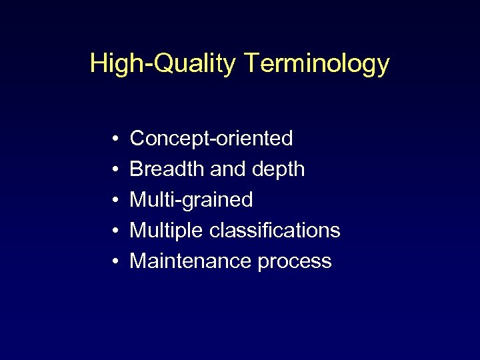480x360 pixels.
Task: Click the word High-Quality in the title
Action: tap(163, 64)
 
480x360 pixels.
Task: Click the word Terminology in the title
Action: tap(317, 64)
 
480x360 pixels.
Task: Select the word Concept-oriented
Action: tap(211, 139)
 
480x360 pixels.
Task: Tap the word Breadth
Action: tap(167, 169)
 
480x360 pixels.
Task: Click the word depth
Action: tap(278, 170)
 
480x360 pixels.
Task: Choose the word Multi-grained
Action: tap(191, 200)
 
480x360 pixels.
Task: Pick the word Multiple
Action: tap(167, 231)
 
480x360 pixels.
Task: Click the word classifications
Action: tap(275, 231)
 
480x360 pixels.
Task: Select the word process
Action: tap(294, 261)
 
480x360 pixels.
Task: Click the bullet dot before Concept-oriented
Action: tap(115, 139)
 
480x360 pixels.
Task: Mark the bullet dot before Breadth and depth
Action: tap(115, 170)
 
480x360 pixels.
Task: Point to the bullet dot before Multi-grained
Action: tap(115, 201)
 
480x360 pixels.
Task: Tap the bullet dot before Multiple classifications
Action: tap(115, 231)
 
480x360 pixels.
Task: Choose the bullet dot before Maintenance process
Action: tap(115, 261)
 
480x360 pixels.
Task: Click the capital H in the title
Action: tap(98, 63)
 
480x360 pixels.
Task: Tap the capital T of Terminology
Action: tap(253, 63)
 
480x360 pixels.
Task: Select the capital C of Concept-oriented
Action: tap(138, 139)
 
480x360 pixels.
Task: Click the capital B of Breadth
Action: tap(137, 169)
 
